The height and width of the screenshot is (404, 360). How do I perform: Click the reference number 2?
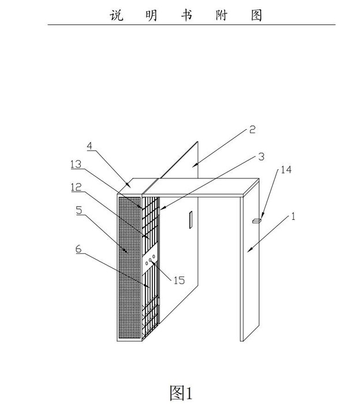tap(252, 129)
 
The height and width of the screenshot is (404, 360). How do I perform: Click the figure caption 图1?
tap(181, 392)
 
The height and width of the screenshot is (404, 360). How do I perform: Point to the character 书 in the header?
tap(186, 14)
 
